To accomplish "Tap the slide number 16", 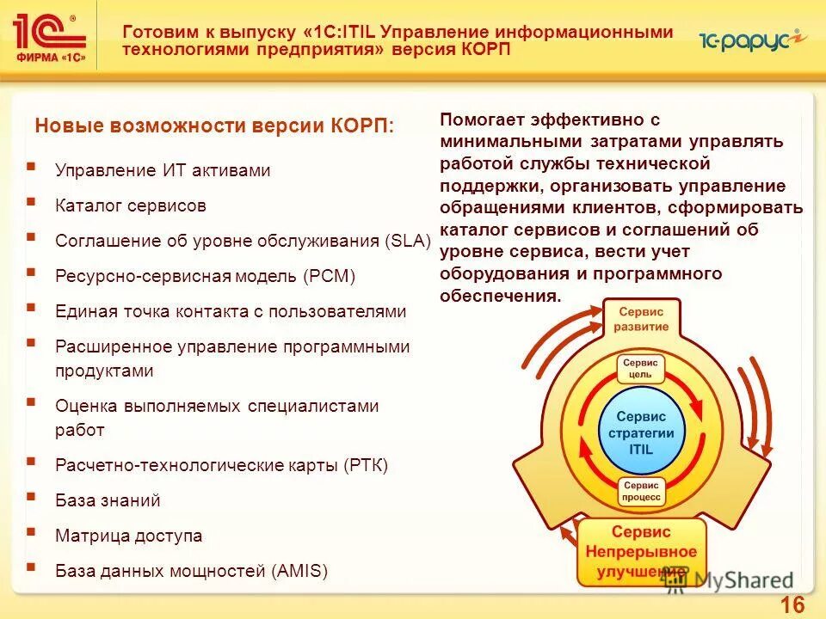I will (x=792, y=605).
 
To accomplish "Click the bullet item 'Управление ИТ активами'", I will (x=163, y=170).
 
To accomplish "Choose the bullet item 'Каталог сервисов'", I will (x=131, y=206).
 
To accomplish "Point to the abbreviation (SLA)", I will (x=408, y=241).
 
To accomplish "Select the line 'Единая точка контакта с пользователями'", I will (x=230, y=311).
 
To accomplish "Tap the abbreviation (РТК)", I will (x=366, y=465).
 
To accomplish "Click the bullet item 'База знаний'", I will (x=108, y=500).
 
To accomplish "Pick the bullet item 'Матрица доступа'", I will (x=128, y=536).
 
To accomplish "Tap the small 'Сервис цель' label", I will (x=641, y=369).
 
